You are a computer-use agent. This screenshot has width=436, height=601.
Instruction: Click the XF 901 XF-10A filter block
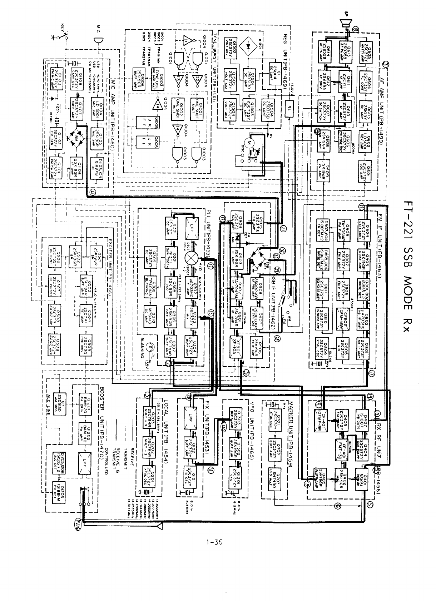click(236, 343)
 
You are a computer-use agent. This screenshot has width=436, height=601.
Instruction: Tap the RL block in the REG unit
click(289, 106)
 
